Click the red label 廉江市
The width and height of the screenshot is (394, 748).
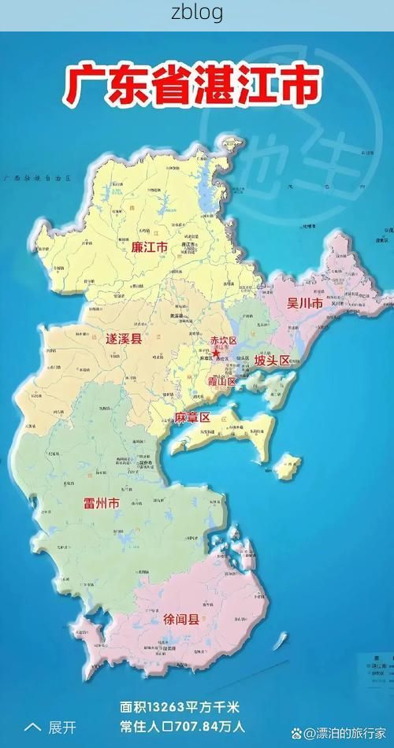pos(149,247)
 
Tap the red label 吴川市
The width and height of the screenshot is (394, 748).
pos(304,303)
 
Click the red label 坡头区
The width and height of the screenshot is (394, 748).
pos(272,361)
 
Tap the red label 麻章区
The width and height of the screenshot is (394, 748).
pos(192,417)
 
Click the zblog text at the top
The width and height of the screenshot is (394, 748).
pos(197,13)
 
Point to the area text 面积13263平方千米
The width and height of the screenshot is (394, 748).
pos(183,707)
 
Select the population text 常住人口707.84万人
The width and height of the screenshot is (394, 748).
pos(183,727)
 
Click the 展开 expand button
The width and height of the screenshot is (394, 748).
pos(63,727)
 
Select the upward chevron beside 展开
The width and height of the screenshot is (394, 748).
pos(33,727)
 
